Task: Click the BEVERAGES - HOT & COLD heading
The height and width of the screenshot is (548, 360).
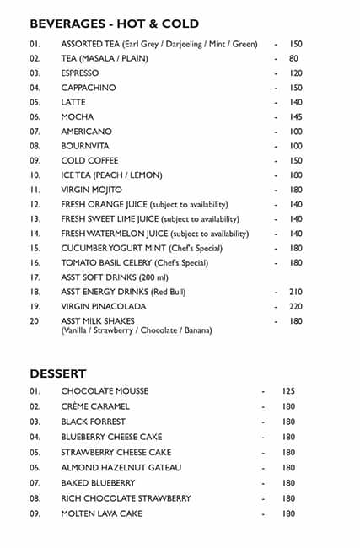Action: click(114, 24)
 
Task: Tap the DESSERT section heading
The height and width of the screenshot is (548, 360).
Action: click(58, 373)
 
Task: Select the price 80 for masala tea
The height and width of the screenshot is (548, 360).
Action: click(293, 58)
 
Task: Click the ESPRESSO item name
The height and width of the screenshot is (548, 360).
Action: click(80, 73)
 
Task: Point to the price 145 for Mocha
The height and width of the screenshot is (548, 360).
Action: click(295, 117)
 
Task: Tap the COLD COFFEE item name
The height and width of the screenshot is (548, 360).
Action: click(89, 160)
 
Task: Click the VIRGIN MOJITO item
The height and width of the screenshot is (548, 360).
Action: click(91, 190)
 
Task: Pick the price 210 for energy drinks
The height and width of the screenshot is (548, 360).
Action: click(295, 292)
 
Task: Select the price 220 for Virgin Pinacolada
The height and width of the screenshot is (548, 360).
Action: click(295, 306)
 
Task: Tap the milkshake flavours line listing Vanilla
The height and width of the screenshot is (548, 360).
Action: click(137, 330)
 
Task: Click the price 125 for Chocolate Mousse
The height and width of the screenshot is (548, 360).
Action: click(288, 391)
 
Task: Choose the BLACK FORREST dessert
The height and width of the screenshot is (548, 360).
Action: click(93, 422)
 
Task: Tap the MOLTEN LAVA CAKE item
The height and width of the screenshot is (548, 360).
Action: click(101, 513)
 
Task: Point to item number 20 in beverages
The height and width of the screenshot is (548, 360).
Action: click(35, 321)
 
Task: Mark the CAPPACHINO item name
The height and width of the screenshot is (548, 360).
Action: click(89, 88)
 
